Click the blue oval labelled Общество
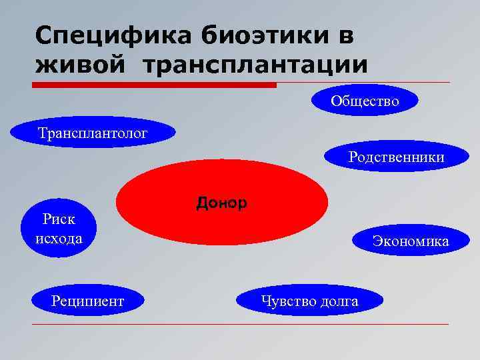click(365, 101)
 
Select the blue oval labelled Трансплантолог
click(93, 133)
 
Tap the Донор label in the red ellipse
click(221, 202)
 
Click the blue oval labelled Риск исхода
click(59, 229)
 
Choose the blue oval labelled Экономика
click(410, 241)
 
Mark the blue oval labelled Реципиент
click(87, 301)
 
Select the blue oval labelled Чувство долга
click(309, 301)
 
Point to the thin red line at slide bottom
click(240, 325)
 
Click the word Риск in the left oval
click(59, 219)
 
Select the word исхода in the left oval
click(59, 238)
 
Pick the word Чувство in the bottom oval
click(288, 301)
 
